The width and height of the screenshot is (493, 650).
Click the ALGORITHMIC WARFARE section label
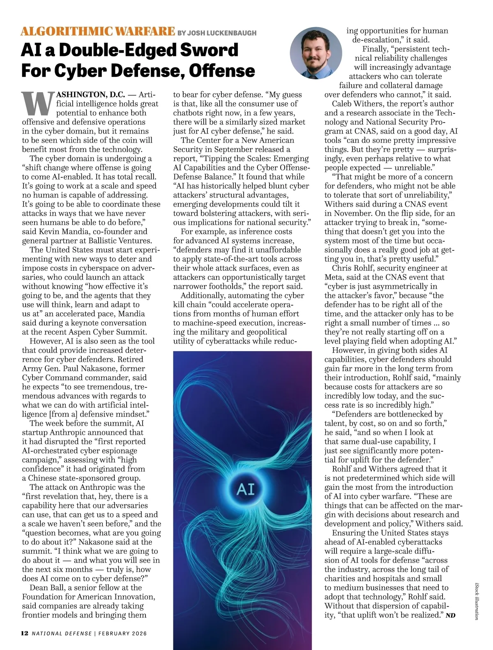(98, 31)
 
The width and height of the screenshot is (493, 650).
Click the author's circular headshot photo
(316, 53)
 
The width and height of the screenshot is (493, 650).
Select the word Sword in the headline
(210, 50)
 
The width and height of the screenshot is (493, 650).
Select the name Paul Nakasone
(89, 369)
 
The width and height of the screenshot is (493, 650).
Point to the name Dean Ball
(46, 588)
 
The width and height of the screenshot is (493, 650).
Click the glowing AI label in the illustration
(246, 489)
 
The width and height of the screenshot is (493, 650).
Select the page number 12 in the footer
(25, 633)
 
